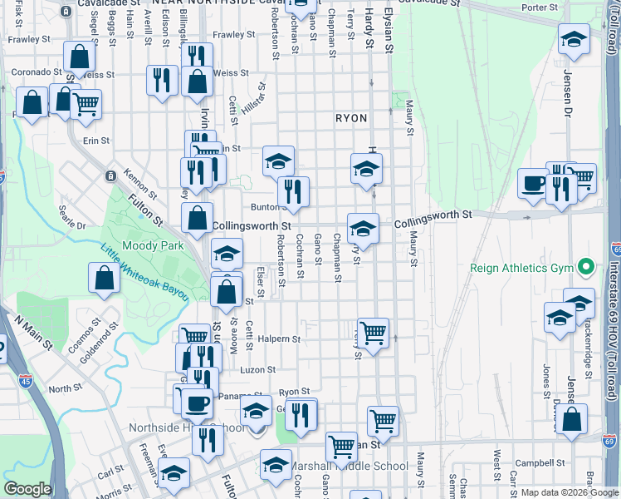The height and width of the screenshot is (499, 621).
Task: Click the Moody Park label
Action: click(152, 246)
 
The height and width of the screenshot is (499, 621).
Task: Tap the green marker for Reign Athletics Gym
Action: click(587, 268)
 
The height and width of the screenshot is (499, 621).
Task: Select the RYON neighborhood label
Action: click(351, 119)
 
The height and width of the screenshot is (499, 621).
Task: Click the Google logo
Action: click(27, 489)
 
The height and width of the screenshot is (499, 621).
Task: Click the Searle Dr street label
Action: click(70, 225)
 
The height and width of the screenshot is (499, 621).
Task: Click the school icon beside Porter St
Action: click(574, 40)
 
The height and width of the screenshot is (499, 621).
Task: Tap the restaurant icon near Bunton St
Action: click(293, 191)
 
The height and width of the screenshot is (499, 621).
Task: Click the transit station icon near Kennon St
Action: click(110, 175)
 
